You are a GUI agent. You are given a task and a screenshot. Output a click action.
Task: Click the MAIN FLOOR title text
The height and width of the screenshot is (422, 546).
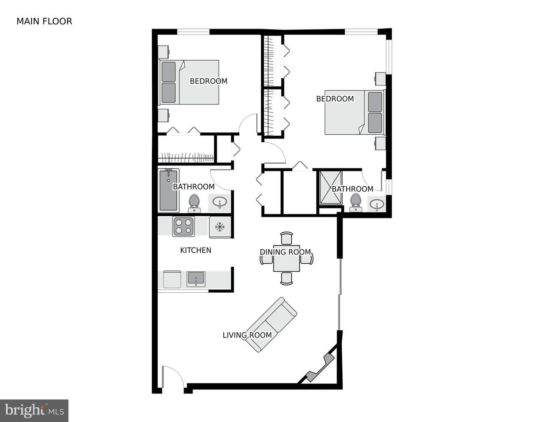(x=44, y=21)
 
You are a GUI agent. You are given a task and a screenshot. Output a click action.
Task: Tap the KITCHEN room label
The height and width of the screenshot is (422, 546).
(x=196, y=250)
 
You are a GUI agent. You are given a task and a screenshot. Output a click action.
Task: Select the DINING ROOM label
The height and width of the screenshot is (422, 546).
(x=285, y=252)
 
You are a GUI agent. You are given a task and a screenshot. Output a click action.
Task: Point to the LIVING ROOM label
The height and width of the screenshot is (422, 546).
(x=247, y=335)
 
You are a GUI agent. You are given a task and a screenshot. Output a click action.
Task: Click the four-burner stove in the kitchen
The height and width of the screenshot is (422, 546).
(x=183, y=226)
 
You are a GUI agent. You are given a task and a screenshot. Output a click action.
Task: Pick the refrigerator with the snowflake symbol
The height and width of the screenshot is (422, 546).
(x=220, y=227)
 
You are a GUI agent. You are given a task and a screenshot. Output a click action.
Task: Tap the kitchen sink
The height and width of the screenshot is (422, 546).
(x=196, y=279)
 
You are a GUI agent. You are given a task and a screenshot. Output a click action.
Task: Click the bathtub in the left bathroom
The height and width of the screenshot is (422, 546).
(x=168, y=191)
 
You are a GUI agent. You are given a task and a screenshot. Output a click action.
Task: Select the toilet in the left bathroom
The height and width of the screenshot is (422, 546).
(x=194, y=203)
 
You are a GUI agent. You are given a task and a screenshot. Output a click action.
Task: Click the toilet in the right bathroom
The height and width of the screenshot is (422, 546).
(x=355, y=202)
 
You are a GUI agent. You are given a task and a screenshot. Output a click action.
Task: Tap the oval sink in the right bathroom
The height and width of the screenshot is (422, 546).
(x=377, y=203)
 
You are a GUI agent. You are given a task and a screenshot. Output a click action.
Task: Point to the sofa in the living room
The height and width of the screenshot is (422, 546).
(x=271, y=324)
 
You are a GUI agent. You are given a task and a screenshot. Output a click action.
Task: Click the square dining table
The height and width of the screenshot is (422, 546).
(x=286, y=258)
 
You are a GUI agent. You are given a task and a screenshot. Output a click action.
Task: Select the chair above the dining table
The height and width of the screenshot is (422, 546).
(x=286, y=238)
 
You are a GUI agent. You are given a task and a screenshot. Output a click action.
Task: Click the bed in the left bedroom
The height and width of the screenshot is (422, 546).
(x=188, y=82)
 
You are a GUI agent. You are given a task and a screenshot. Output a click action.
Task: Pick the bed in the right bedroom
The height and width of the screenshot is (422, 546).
(x=355, y=112)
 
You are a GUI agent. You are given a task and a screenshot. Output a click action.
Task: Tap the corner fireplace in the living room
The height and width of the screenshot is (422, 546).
(x=320, y=368)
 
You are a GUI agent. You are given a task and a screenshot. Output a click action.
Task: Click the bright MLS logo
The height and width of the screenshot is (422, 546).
(x=34, y=411)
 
